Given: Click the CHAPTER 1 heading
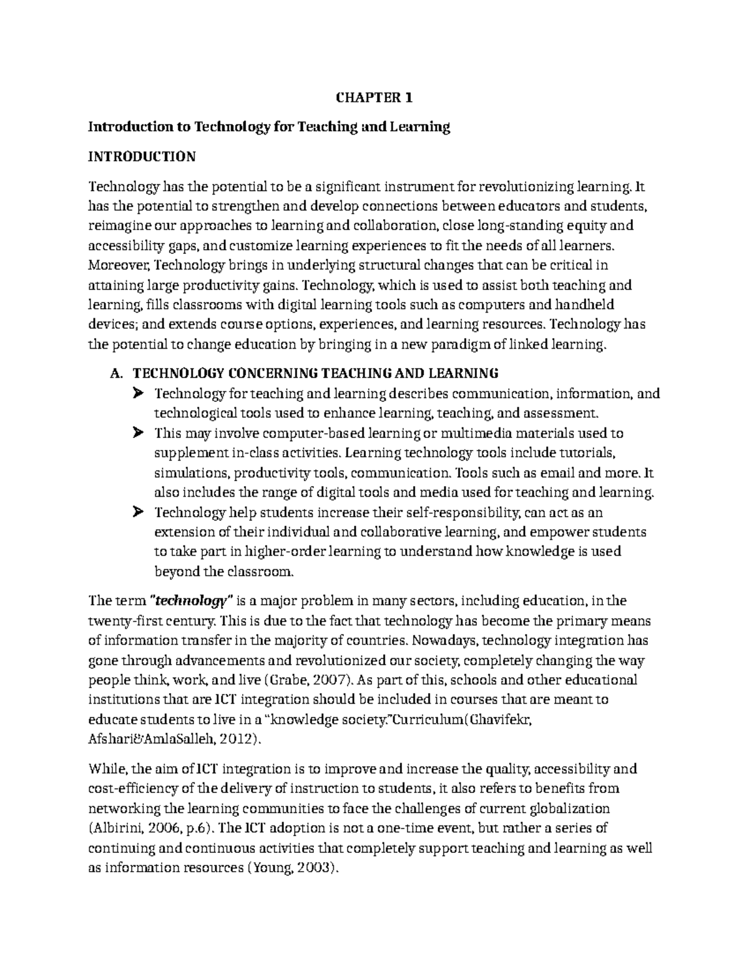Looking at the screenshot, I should pos(374,97).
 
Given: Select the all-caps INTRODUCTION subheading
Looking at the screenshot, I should pos(142,156).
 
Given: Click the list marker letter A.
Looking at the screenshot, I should pos(114,374).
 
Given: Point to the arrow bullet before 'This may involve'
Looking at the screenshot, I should pos(137,433).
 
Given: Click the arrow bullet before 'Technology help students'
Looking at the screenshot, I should pos(137,513).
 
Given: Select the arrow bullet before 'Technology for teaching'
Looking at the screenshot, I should pos(137,394).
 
